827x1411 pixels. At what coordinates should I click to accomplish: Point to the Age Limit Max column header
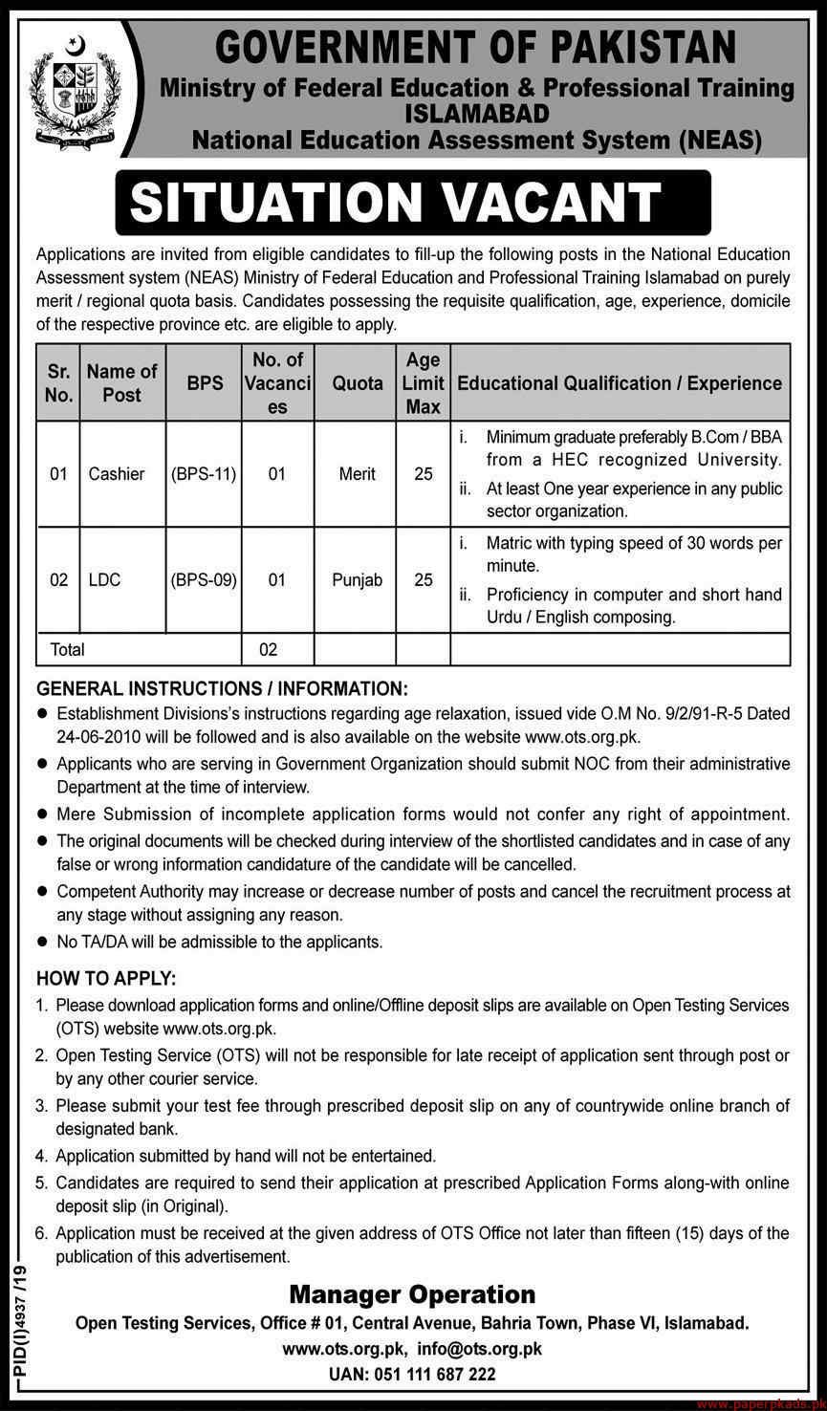(x=423, y=382)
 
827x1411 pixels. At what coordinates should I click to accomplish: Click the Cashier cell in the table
(x=117, y=473)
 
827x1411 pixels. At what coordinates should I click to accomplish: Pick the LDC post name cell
(x=104, y=579)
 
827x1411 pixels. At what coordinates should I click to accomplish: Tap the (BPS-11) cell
(x=205, y=473)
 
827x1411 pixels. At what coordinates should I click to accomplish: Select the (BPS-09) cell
(x=205, y=579)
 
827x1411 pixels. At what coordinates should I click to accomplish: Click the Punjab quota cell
(x=357, y=579)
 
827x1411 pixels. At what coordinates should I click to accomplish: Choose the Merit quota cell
(x=357, y=473)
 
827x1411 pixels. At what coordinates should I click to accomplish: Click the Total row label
(x=67, y=649)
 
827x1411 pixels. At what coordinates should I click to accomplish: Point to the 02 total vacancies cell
(x=269, y=649)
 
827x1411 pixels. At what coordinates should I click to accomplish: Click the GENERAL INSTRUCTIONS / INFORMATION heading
(x=222, y=688)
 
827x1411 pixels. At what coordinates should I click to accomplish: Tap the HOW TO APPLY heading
(x=105, y=980)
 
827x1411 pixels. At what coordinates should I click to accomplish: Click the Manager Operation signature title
(x=412, y=1295)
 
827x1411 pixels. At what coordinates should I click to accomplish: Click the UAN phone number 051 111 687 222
(x=412, y=1375)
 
